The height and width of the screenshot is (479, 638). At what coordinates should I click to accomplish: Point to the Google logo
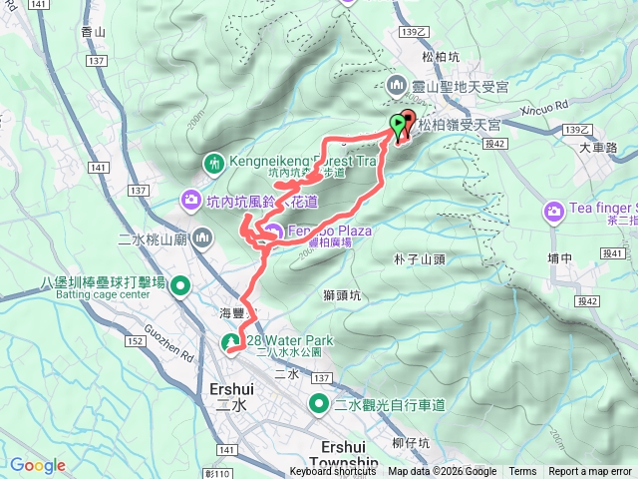[x=38, y=465]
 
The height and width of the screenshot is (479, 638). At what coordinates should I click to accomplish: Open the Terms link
[x=522, y=472]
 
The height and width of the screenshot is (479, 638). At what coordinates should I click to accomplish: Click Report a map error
[x=591, y=472]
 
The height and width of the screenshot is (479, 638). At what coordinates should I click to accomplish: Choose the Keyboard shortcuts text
[x=333, y=472]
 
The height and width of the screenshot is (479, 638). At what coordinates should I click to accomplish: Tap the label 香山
[x=92, y=33]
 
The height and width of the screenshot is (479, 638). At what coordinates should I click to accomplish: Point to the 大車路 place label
[x=598, y=148]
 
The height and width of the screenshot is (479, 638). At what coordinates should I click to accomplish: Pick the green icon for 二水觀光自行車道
[x=319, y=404]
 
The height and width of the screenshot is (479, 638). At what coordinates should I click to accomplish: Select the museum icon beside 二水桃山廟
[x=203, y=238]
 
